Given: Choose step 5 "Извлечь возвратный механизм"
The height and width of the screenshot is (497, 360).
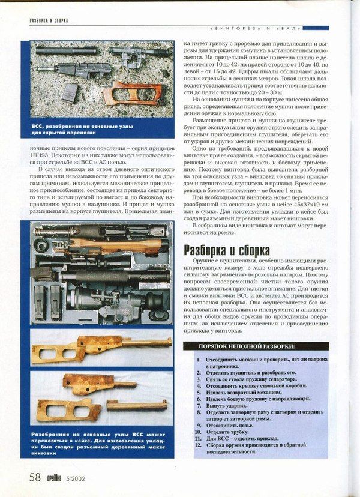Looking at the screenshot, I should (x=245, y=392).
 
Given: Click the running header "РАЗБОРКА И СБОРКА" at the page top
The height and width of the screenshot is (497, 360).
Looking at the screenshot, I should (x=49, y=20).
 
